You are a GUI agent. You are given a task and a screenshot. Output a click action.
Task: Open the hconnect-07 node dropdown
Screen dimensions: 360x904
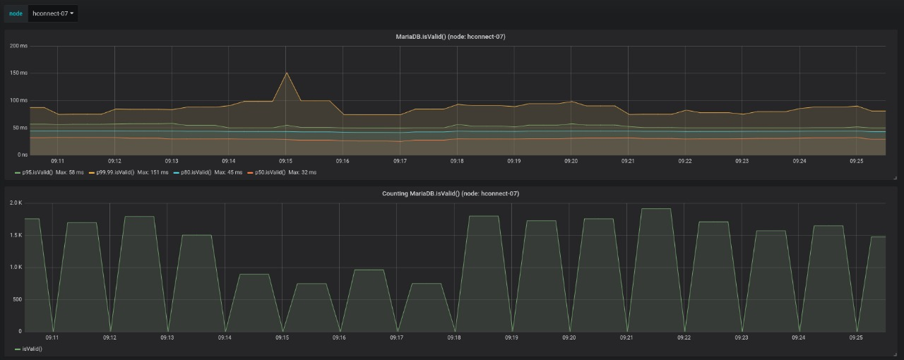click(x=53, y=13)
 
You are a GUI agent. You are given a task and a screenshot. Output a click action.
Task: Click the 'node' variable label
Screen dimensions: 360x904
click(x=16, y=13)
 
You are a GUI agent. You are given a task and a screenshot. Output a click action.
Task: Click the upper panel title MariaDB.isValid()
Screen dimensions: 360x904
click(x=450, y=36)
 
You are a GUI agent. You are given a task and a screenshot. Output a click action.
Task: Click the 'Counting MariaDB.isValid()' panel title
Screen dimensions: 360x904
click(x=450, y=193)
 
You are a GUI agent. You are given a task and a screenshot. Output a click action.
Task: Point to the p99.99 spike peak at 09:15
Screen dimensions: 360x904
click(x=286, y=73)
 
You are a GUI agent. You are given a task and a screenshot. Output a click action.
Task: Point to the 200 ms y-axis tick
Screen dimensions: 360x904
click(x=18, y=46)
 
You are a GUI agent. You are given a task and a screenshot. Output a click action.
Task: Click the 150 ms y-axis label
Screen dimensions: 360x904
click(x=18, y=73)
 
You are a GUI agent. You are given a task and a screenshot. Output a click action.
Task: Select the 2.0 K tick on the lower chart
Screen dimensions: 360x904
click(x=16, y=203)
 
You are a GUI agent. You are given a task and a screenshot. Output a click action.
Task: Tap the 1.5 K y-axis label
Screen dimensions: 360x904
click(x=16, y=235)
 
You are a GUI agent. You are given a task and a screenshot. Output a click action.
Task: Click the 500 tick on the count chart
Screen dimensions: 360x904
click(x=17, y=299)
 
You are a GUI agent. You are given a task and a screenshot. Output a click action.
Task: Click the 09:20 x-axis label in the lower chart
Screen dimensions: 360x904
click(x=569, y=337)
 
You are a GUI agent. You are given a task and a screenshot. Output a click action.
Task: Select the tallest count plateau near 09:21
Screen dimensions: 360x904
click(x=655, y=209)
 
